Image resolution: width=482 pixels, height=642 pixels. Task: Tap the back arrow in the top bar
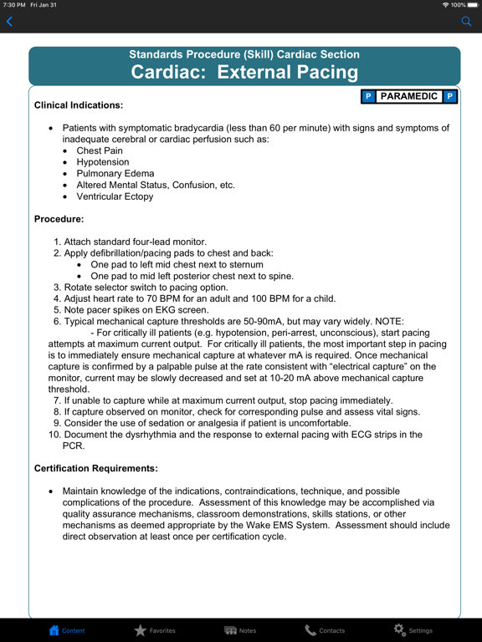point(10,22)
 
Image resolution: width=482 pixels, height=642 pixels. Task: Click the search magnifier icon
point(467,22)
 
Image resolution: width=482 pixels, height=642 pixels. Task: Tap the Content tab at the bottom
point(67,630)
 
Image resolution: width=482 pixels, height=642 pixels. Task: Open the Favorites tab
point(155,630)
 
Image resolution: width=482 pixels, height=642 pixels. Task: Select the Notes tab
point(241,630)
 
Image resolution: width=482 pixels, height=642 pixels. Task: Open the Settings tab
point(413,630)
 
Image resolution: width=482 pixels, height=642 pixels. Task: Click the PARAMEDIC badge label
point(409,96)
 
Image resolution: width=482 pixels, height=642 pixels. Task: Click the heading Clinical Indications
point(79,105)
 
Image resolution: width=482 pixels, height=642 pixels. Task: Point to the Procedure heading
point(59,219)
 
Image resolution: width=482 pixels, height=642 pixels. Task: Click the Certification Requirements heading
point(95,468)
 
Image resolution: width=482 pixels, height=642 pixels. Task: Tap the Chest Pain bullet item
point(100,151)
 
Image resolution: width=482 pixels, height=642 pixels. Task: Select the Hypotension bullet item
point(103,162)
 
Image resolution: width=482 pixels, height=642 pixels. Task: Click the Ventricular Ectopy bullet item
point(115,196)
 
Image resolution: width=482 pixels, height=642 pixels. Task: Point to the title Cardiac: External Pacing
point(244,72)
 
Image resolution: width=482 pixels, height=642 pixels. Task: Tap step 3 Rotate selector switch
point(146,288)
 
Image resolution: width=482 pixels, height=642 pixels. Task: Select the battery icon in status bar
point(472,5)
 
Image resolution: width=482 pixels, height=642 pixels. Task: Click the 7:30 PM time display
point(14,5)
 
